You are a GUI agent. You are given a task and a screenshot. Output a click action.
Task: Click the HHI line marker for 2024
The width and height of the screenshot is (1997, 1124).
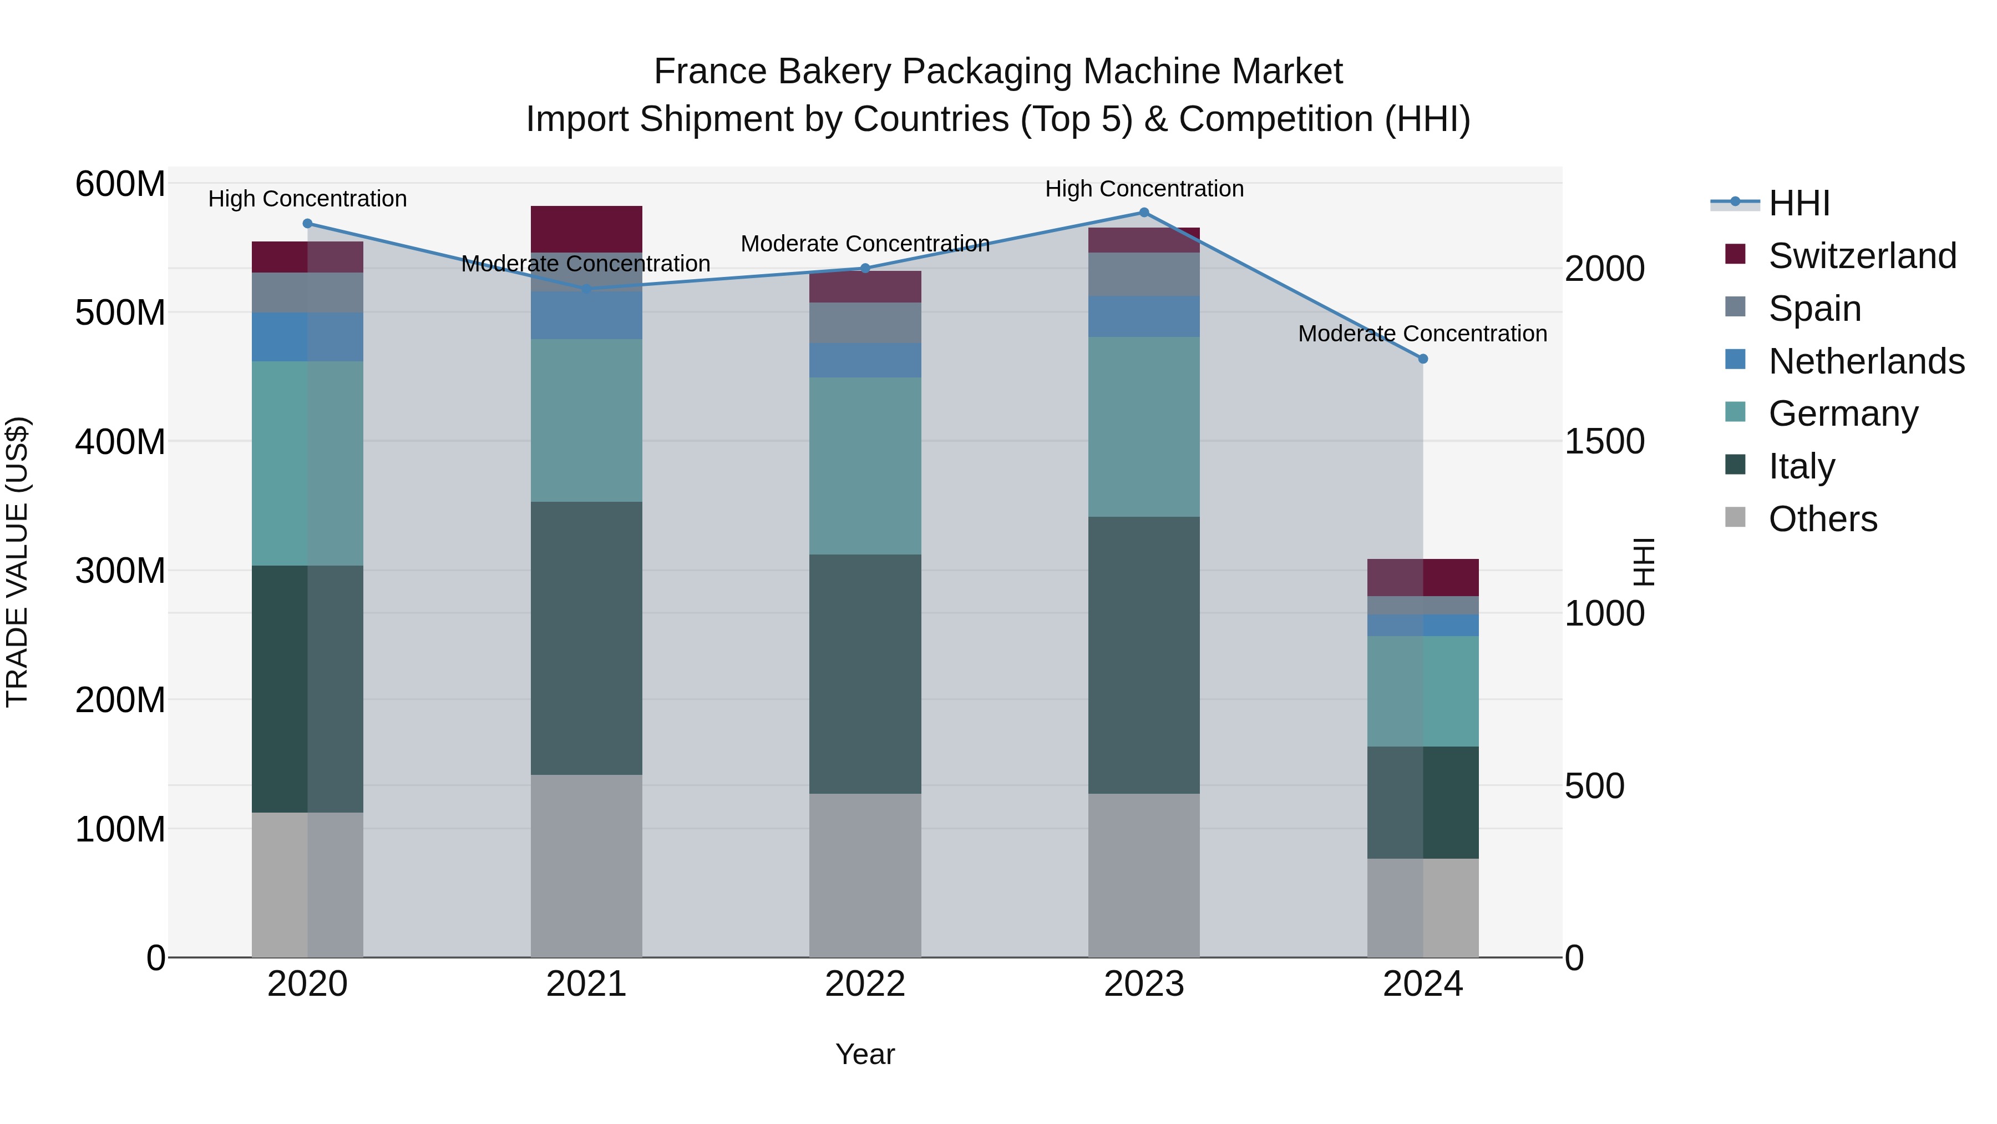pos(1422,359)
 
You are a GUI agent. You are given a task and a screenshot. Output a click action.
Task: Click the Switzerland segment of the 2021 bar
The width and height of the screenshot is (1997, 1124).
pos(586,229)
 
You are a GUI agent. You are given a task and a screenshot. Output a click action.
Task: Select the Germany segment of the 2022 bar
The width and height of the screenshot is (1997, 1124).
pos(865,466)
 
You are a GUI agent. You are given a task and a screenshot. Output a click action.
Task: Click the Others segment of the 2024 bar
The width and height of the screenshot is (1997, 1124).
pos(1422,907)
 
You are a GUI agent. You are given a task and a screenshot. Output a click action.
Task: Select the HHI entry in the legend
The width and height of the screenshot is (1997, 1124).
pos(1798,203)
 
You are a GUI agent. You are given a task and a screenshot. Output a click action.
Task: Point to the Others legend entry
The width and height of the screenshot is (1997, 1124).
pos(1822,519)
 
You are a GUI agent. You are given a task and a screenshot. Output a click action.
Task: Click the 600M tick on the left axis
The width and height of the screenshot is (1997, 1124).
pos(120,185)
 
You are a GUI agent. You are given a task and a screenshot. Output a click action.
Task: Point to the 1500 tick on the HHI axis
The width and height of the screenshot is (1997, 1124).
pos(1604,441)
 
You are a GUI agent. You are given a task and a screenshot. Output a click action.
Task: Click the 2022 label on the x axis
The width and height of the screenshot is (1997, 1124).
pos(865,984)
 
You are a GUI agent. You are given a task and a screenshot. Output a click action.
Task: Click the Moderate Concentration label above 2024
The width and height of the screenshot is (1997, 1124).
pos(1422,334)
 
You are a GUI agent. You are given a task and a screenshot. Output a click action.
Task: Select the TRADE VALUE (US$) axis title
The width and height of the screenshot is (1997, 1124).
pos(17,562)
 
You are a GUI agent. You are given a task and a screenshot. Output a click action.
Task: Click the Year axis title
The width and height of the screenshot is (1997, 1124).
pos(865,1054)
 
